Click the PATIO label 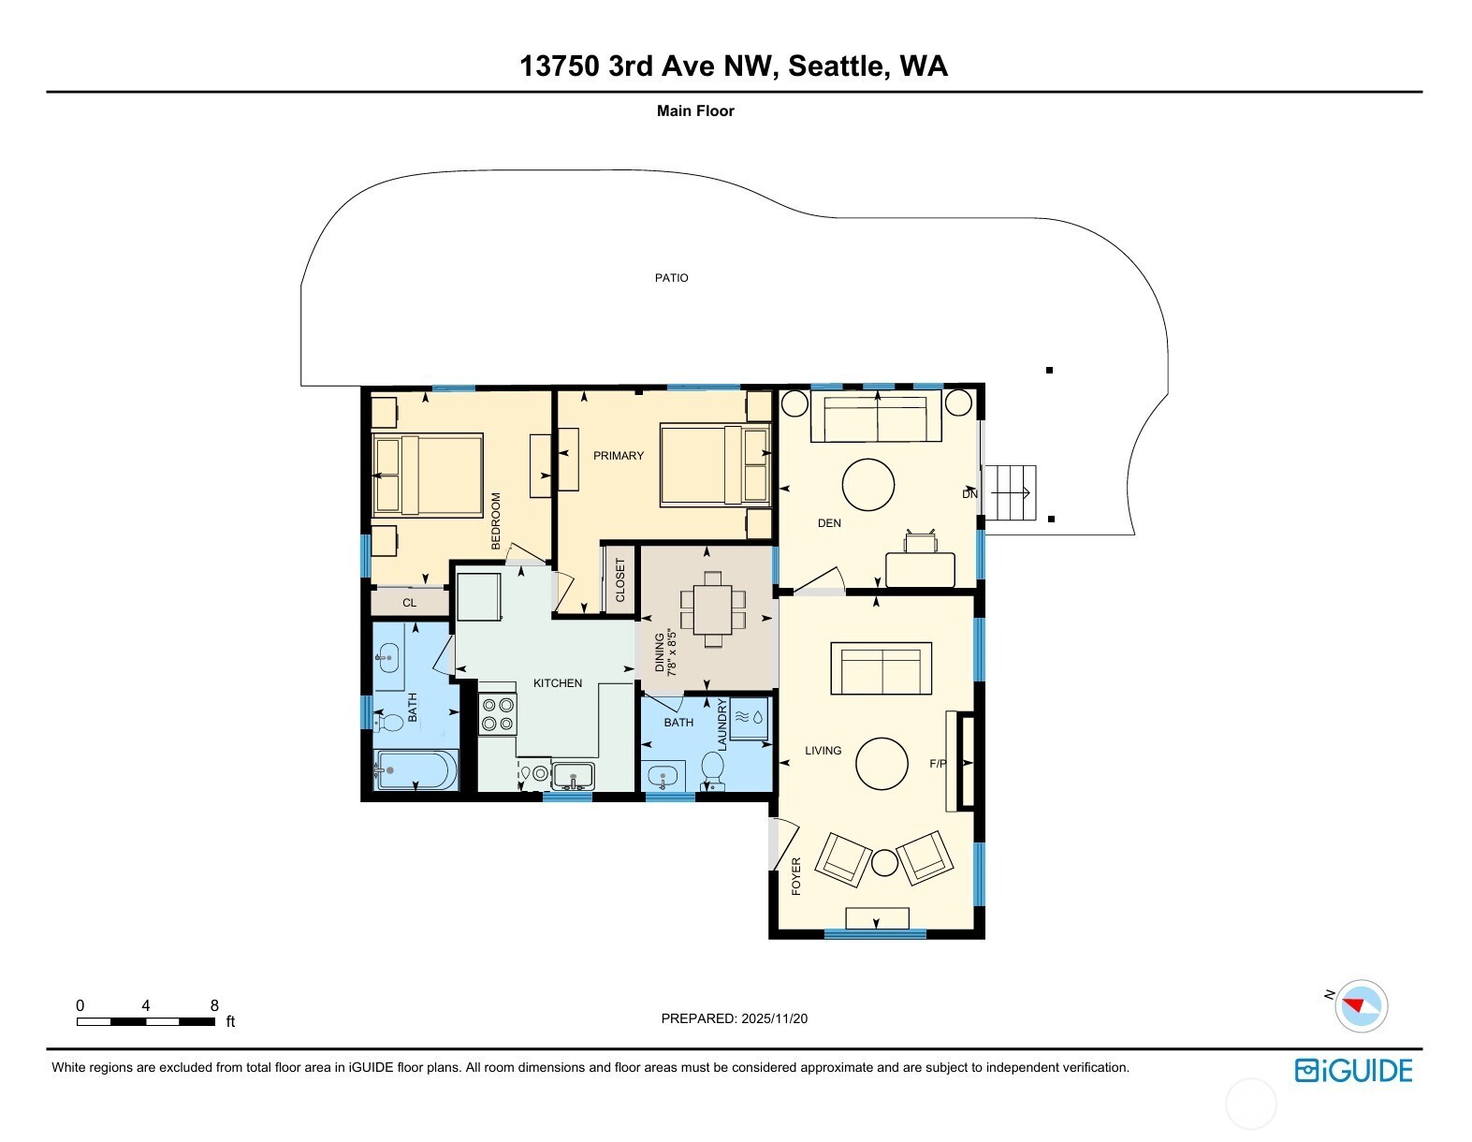[x=671, y=278]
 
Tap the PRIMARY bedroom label [x=618, y=456]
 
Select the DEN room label [x=829, y=523]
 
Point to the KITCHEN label [x=558, y=683]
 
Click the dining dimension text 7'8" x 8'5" [x=672, y=653]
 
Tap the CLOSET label [x=619, y=579]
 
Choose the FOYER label [x=796, y=876]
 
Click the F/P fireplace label [x=938, y=764]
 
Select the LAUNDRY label [x=721, y=725]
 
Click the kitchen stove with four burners [x=498, y=714]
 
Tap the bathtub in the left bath [x=415, y=770]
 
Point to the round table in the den [x=867, y=484]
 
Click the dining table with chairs [x=713, y=609]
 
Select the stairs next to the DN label [x=1010, y=492]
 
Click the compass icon [x=1361, y=1006]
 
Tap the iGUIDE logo [x=1353, y=1070]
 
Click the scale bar [x=146, y=1021]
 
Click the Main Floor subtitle [x=695, y=111]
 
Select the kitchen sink [x=573, y=776]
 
